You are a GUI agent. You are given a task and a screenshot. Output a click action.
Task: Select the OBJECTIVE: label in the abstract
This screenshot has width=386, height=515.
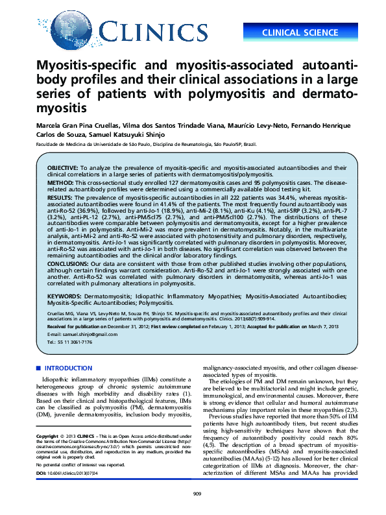62,167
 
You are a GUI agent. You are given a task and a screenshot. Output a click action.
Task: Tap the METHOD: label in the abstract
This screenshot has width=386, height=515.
59,184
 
